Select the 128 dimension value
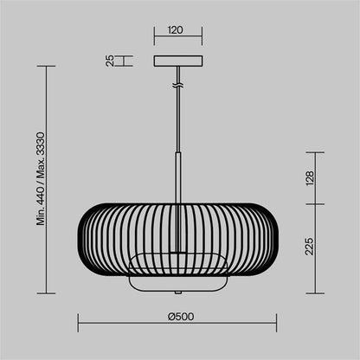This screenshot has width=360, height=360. (310, 178)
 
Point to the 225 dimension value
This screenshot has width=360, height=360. (310, 249)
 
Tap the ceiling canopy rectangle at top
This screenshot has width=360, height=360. (177, 61)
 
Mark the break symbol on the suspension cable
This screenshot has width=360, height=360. (177, 86)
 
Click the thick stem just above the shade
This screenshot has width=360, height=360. (177, 177)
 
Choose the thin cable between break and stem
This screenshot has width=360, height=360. (177, 121)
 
